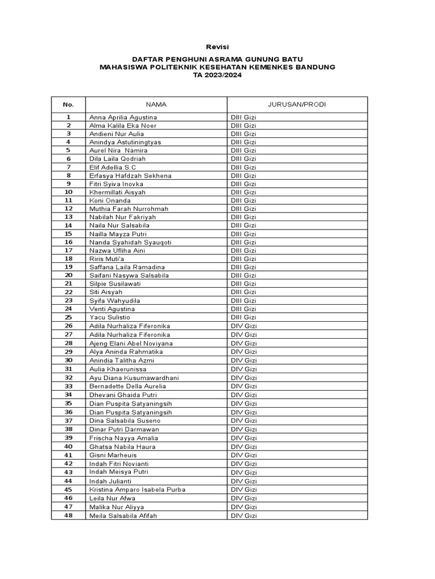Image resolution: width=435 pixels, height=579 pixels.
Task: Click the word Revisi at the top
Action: pyautogui.click(x=217, y=46)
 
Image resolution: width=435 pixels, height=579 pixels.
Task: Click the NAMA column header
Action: pyautogui.click(x=156, y=105)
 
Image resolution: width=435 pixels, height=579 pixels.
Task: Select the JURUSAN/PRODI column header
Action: pyautogui.click(x=297, y=105)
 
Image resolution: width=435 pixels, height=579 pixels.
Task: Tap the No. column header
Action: pyautogui.click(x=69, y=105)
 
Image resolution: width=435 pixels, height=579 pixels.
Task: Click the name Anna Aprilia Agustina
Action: pyautogui.click(x=123, y=117)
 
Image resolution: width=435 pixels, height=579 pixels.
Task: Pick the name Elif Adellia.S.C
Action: pyautogui.click(x=113, y=167)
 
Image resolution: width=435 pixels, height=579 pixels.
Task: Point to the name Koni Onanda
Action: pyautogui.click(x=110, y=200)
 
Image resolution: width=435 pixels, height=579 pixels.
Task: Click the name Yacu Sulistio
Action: pyautogui.click(x=110, y=317)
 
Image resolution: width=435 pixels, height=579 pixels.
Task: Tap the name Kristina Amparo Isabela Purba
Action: pyautogui.click(x=137, y=489)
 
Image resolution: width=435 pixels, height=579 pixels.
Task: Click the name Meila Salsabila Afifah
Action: pyautogui.click(x=123, y=516)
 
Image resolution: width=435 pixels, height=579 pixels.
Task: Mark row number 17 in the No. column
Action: pyautogui.click(x=69, y=250)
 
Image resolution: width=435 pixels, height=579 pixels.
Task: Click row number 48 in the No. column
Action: pyautogui.click(x=69, y=516)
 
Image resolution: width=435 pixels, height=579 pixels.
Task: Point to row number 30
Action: pyautogui.click(x=69, y=360)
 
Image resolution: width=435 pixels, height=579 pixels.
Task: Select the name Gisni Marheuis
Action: pyautogui.click(x=113, y=455)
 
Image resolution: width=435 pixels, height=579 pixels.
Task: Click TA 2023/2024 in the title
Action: pyautogui.click(x=217, y=75)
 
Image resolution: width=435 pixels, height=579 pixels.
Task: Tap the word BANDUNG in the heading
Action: pyautogui.click(x=313, y=67)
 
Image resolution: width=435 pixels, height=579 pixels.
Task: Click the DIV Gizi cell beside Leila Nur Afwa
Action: pyautogui.click(x=244, y=498)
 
